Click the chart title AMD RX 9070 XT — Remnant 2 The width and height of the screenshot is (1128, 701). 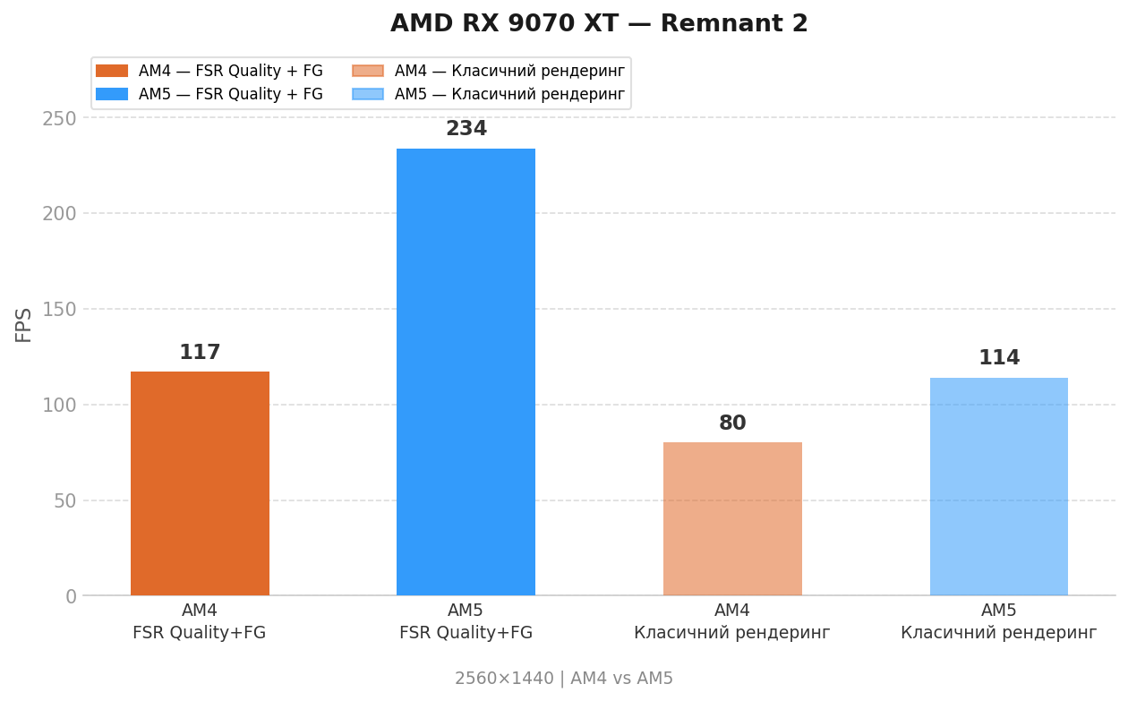click(x=599, y=24)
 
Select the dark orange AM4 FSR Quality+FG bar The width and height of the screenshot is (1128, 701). click(x=200, y=483)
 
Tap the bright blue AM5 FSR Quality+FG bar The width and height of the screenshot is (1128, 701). click(x=466, y=372)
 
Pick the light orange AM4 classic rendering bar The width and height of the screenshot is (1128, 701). click(x=732, y=519)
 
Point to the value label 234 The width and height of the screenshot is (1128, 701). click(x=466, y=129)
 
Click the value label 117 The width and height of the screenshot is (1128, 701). click(x=200, y=353)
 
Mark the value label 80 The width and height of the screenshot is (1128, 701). click(x=732, y=423)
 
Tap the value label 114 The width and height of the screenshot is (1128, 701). click(x=999, y=358)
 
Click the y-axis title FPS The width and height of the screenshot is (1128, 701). click(x=24, y=324)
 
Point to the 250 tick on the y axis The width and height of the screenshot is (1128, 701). click(x=59, y=118)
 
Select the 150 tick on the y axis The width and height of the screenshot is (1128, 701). click(x=59, y=310)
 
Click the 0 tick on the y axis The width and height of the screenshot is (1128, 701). click(x=71, y=597)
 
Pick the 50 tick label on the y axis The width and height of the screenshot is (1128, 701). click(x=64, y=501)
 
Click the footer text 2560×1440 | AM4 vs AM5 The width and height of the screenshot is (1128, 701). click(x=564, y=679)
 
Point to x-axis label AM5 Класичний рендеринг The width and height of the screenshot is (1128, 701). click(x=998, y=621)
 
